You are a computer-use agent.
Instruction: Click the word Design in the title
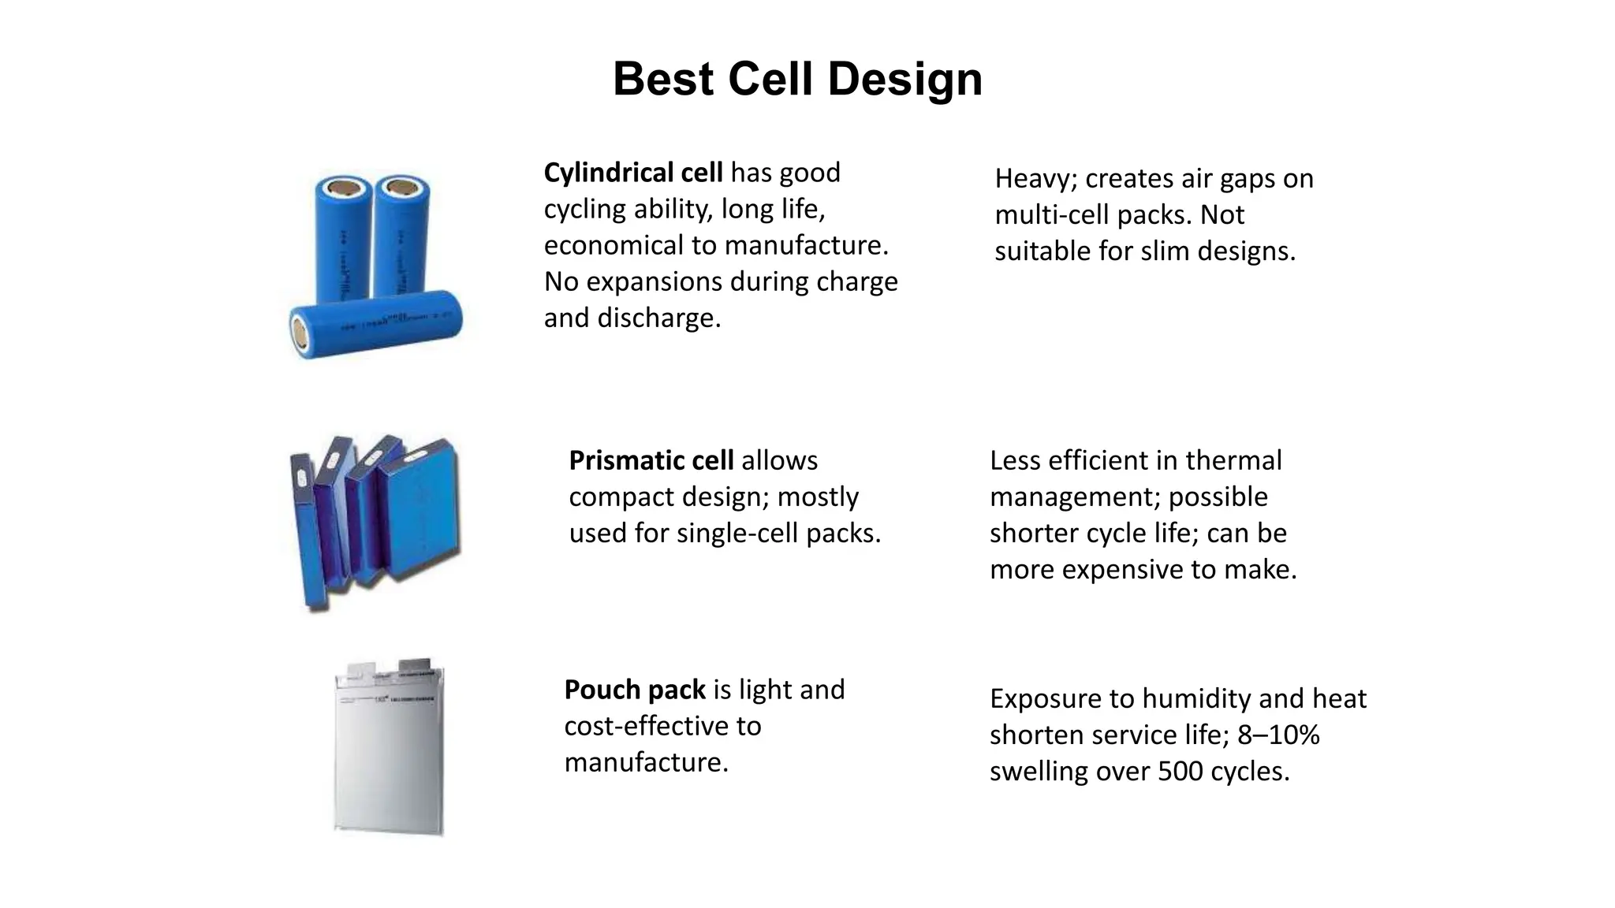click(x=904, y=80)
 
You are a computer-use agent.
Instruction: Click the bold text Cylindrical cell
click(x=632, y=173)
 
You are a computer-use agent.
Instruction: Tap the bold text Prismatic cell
click(x=651, y=460)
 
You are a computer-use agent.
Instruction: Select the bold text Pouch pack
click(x=634, y=690)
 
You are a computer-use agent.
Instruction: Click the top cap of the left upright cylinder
click(x=344, y=189)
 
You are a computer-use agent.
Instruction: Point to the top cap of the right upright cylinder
click(x=401, y=188)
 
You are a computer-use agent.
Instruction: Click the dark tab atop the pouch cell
click(x=416, y=667)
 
